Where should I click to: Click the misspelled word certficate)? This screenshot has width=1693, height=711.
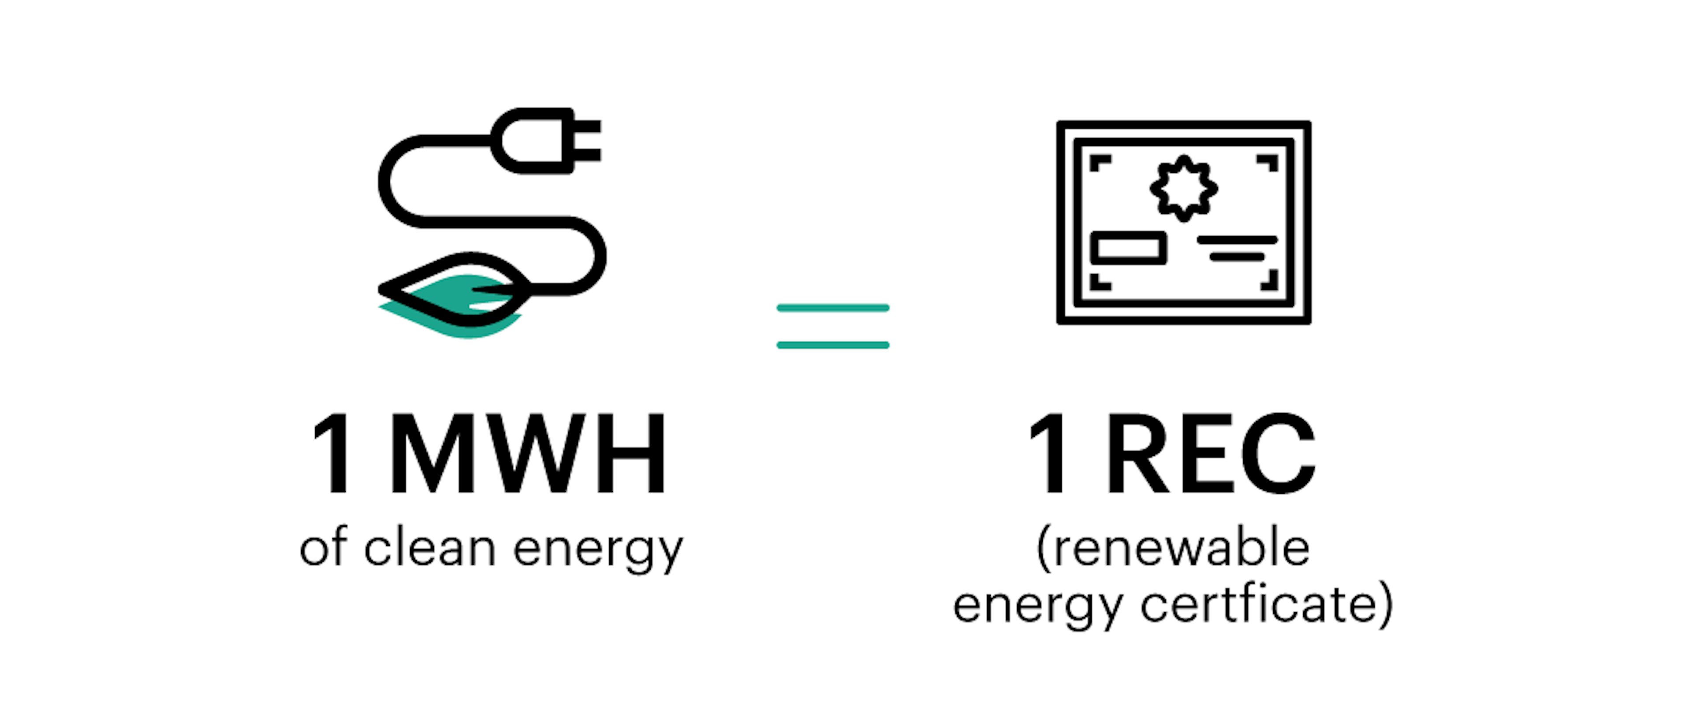pyautogui.click(x=1267, y=603)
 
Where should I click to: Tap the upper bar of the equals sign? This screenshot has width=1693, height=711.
pyautogui.click(x=833, y=308)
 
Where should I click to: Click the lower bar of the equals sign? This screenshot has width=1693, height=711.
pyautogui.click(x=833, y=345)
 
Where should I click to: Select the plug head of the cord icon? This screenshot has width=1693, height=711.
pyautogui.click(x=545, y=141)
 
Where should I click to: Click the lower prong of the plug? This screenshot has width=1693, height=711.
pyautogui.click(x=587, y=155)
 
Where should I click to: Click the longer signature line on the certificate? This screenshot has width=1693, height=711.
pyautogui.click(x=1237, y=240)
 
